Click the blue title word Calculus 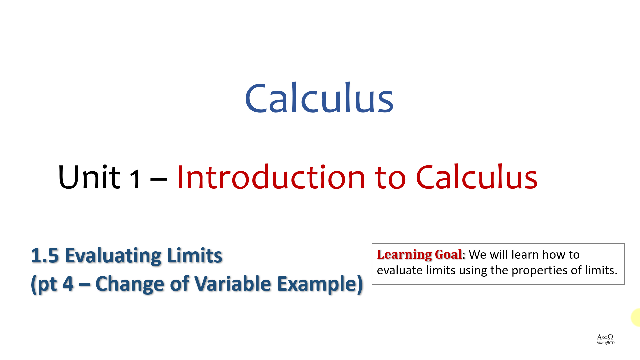(319, 98)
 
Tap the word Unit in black (89, 177)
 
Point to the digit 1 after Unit (135, 180)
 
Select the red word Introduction (271, 177)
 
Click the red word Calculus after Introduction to (477, 177)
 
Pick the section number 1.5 (45, 256)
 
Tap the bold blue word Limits (194, 256)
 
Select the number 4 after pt (68, 284)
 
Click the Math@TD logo (605, 339)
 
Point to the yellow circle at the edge (636, 317)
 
